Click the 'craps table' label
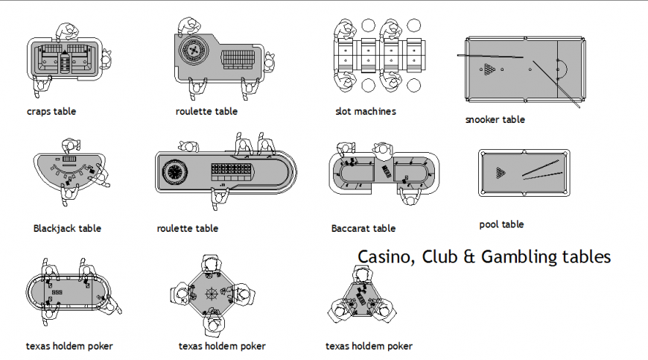tap(51, 112)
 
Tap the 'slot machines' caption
tap(366, 112)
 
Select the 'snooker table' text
tap(495, 119)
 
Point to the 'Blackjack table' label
tap(67, 229)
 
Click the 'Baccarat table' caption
tap(363, 229)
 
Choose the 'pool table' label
tap(501, 224)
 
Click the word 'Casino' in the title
tap(385, 257)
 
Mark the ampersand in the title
tap(468, 257)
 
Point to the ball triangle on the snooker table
tap(489, 69)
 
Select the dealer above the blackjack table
tap(70, 145)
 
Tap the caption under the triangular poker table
tap(369, 347)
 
